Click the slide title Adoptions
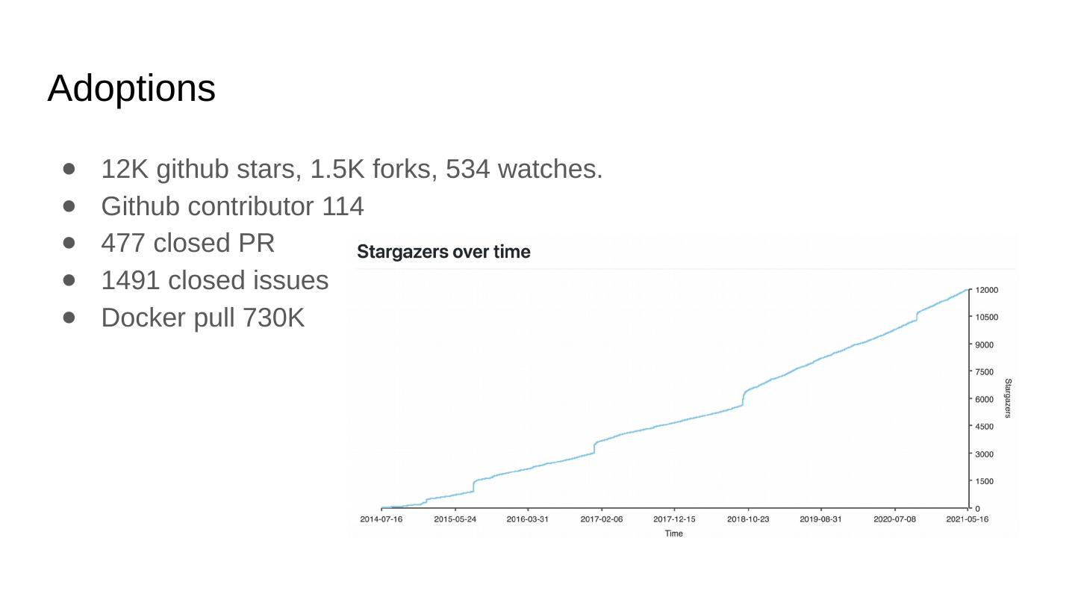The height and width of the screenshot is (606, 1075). (131, 88)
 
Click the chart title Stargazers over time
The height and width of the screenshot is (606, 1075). (443, 252)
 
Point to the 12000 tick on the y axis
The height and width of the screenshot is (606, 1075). (986, 290)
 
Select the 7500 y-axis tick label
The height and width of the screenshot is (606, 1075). (984, 372)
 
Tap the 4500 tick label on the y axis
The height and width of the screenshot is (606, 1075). (984, 427)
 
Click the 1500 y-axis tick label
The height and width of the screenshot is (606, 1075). (984, 481)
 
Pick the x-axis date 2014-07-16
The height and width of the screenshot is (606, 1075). (381, 519)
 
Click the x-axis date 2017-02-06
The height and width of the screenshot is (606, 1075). (601, 519)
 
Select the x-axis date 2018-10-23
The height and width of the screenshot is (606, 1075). (747, 519)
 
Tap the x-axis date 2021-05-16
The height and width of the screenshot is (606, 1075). (967, 519)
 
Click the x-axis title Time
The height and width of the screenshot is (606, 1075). (673, 534)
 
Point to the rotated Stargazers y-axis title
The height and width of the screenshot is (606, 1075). (1008, 398)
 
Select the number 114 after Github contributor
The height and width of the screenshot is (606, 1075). (343, 206)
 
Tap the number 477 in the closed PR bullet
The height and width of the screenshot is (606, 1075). (122, 244)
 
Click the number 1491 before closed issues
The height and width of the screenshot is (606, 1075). (131, 280)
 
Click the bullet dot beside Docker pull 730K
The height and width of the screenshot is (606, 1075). (69, 317)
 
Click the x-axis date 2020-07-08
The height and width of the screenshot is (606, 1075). (894, 519)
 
